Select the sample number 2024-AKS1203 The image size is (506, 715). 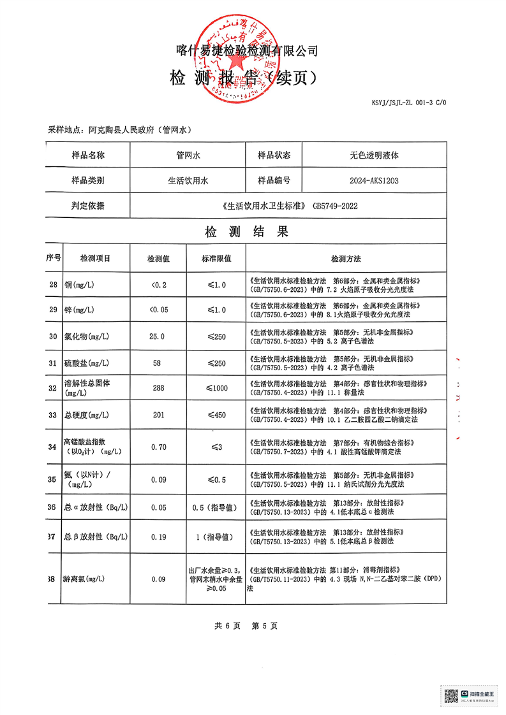pyautogui.click(x=374, y=181)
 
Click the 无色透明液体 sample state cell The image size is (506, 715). pyautogui.click(x=374, y=155)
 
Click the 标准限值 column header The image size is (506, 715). pyautogui.click(x=216, y=259)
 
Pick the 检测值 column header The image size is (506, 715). pyautogui.click(x=158, y=259)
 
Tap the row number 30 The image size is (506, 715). pyautogui.click(x=53, y=336)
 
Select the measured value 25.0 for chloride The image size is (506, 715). pyautogui.click(x=158, y=336)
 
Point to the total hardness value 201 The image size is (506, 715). pyautogui.click(x=158, y=415)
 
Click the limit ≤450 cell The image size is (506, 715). pyautogui.click(x=216, y=415)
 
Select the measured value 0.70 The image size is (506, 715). pyautogui.click(x=158, y=447)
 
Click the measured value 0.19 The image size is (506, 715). pyautogui.click(x=158, y=537)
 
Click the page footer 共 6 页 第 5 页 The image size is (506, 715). pyautogui.click(x=246, y=626)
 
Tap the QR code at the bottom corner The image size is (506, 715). pyautogui.click(x=450, y=695)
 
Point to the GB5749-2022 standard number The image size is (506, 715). pyautogui.click(x=336, y=206)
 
